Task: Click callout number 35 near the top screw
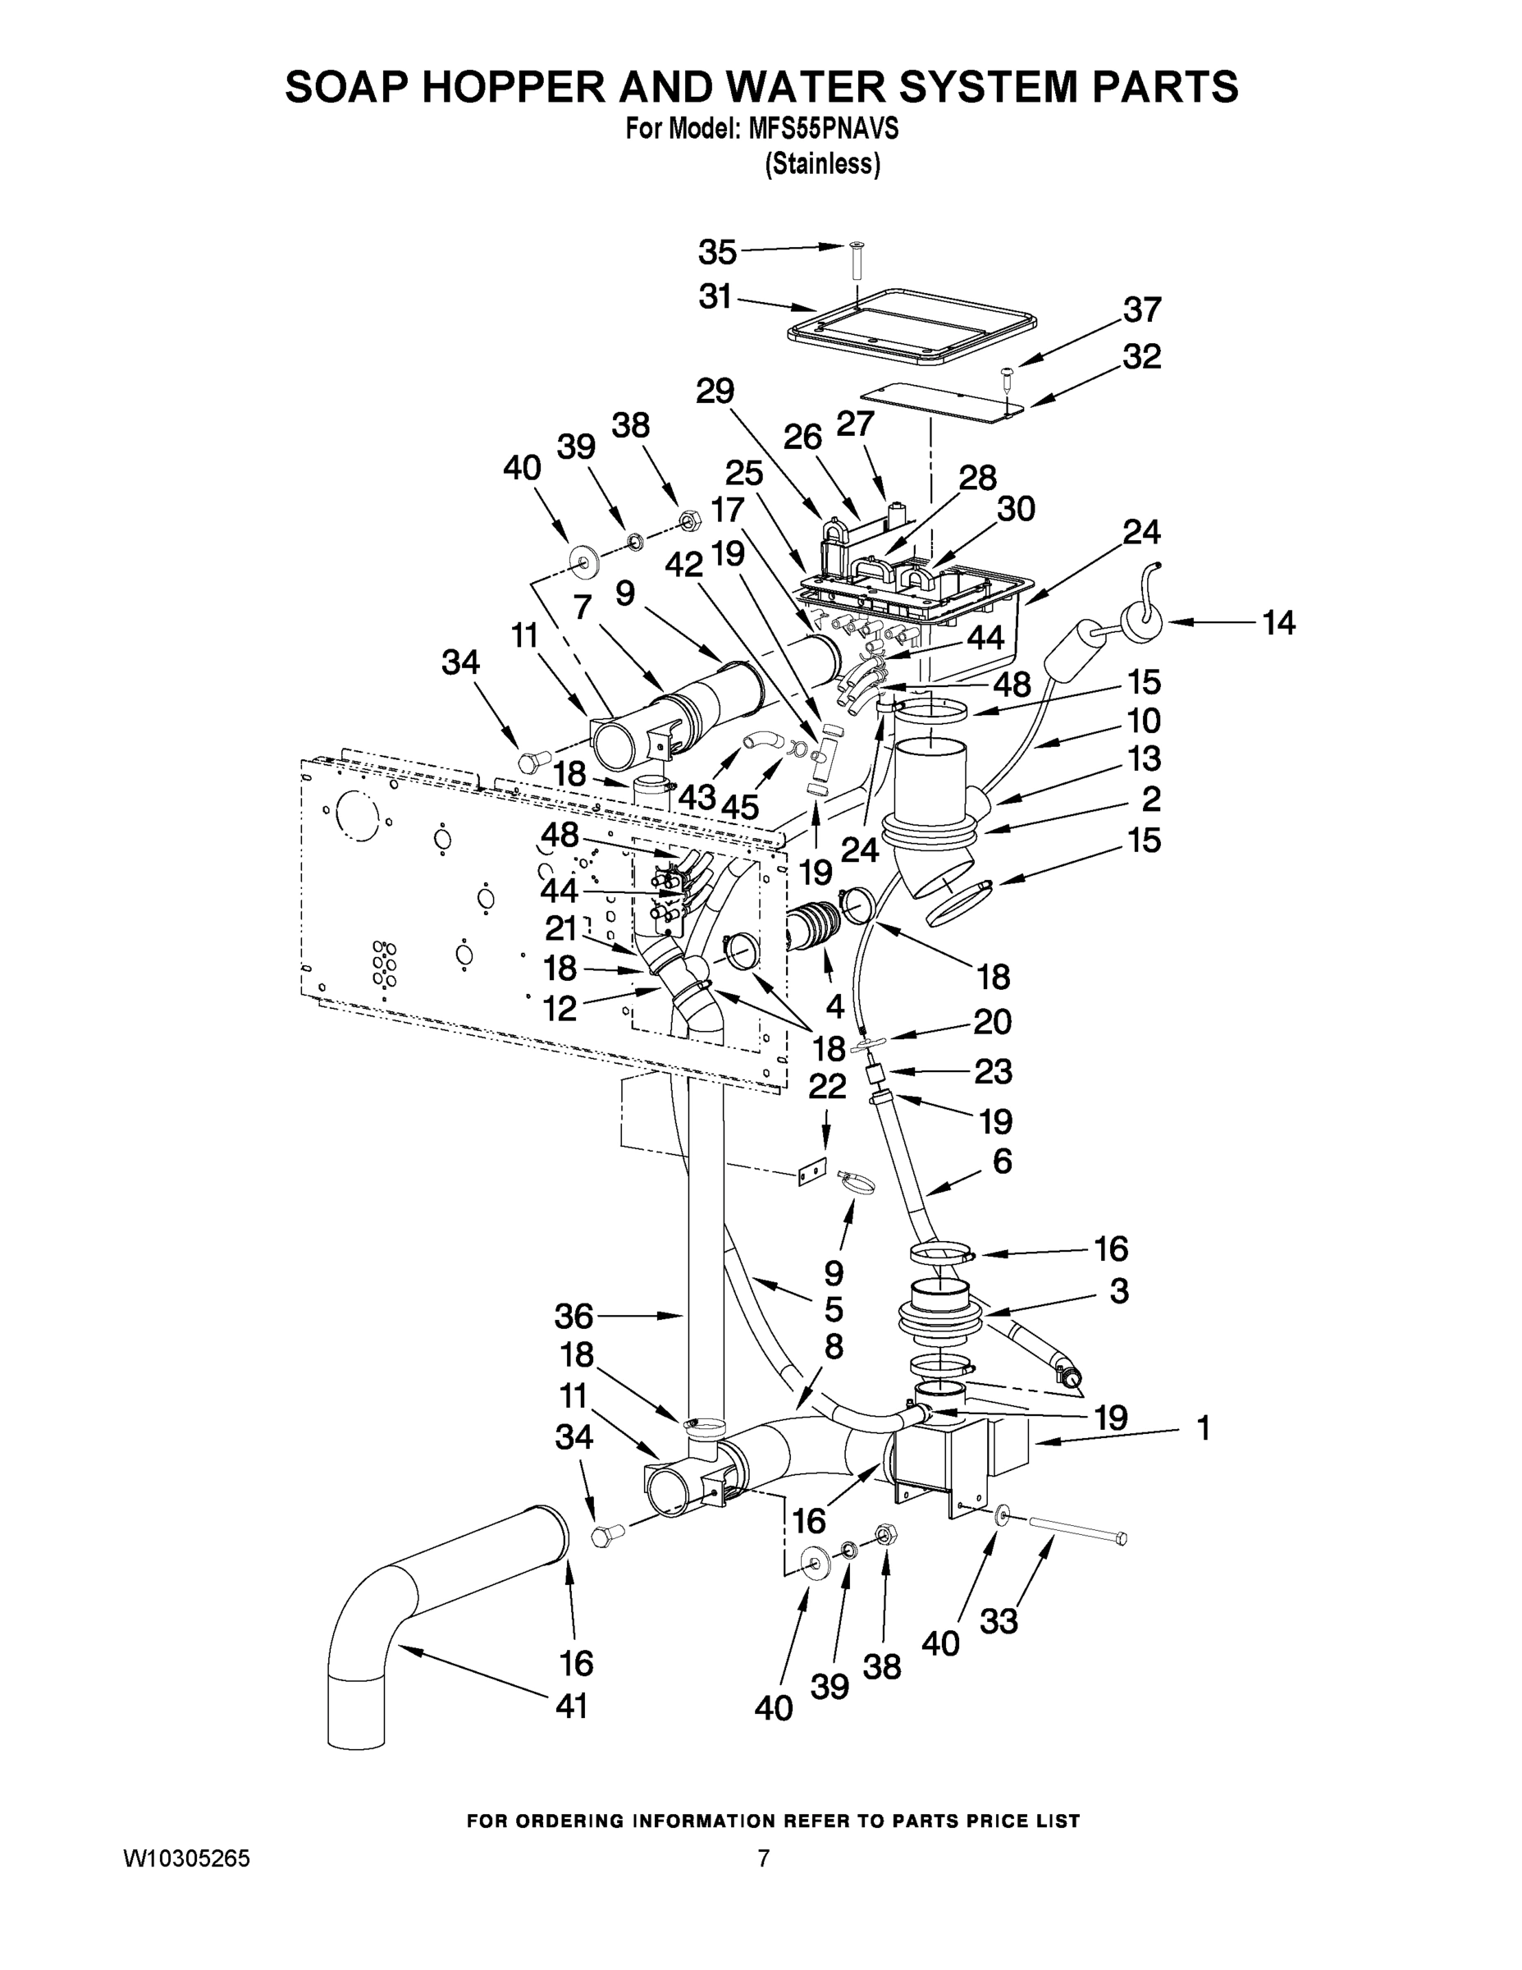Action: (x=718, y=254)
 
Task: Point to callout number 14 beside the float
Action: (x=1278, y=622)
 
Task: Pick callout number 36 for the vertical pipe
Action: (x=574, y=1316)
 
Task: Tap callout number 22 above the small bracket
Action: (x=826, y=1086)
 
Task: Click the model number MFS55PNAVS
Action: (x=823, y=130)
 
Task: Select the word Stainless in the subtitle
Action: (x=822, y=165)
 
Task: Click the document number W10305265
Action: (x=186, y=1858)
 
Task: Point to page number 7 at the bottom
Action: (x=763, y=1858)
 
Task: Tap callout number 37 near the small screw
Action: (x=1141, y=310)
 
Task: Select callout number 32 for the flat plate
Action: (x=1141, y=357)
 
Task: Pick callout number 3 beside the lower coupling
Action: (x=1118, y=1291)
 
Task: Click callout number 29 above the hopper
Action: (x=715, y=392)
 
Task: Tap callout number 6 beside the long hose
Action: (x=1002, y=1161)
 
